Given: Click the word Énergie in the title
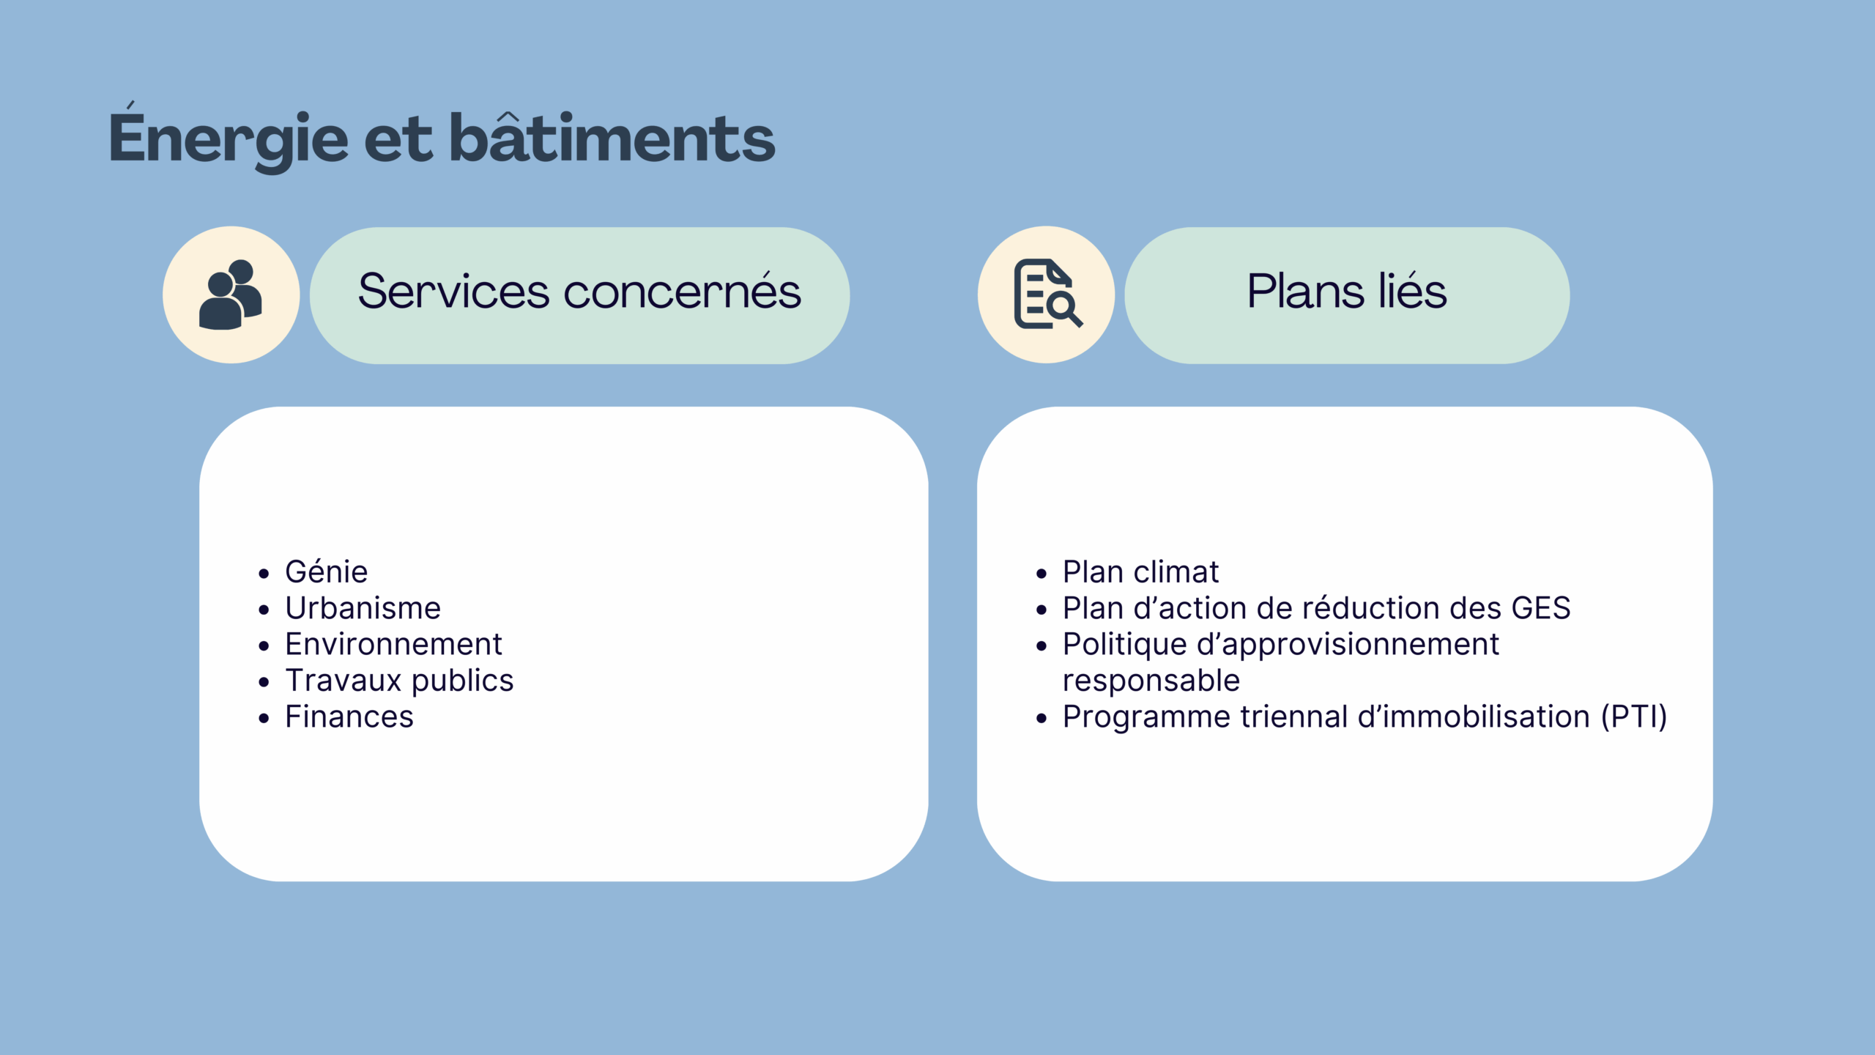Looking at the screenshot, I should click(228, 139).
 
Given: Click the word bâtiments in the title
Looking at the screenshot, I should click(612, 139).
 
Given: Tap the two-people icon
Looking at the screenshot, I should click(231, 295).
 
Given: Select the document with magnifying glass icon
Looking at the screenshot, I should click(1046, 295).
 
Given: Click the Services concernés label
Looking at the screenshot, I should click(579, 292).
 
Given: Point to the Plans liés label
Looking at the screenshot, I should click(1346, 292).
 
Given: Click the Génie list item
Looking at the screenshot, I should click(326, 572).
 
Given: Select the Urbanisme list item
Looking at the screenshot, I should click(363, 608).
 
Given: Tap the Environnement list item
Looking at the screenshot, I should click(393, 645).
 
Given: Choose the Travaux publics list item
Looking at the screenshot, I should click(399, 681).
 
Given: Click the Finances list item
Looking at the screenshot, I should click(349, 717).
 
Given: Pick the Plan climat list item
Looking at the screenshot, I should click(1140, 572).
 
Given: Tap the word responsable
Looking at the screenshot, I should click(1151, 681).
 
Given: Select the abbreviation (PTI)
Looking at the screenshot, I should click(1633, 717).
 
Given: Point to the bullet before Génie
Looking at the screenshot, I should click(264, 574).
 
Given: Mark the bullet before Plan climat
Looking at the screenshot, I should click(1042, 574).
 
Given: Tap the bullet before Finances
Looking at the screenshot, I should click(264, 719).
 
